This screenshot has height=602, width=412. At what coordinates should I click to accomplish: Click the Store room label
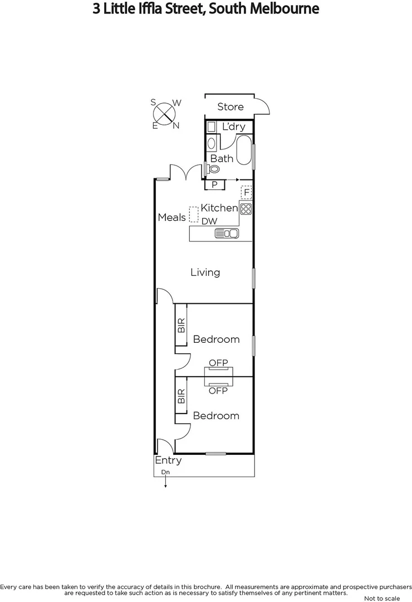230,106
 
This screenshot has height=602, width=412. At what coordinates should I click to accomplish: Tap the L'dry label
233,127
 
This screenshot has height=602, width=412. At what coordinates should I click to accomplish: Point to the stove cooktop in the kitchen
246,209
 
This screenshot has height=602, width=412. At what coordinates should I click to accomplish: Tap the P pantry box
214,185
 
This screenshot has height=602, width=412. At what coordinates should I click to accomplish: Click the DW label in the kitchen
209,221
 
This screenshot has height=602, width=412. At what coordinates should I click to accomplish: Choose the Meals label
171,217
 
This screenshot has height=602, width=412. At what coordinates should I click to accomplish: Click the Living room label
205,272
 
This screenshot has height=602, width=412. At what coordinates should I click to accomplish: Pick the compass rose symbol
164,114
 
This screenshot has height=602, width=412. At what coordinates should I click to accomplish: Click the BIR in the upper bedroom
181,326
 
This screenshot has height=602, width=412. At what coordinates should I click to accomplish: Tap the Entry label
168,460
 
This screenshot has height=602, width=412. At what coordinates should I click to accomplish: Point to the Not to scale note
381,598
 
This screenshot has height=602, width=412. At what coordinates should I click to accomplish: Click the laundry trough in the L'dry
212,127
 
